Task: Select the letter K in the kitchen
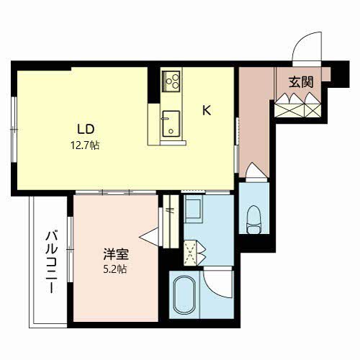206,111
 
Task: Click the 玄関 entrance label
301,81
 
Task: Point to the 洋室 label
114,254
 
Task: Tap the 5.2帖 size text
115,269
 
